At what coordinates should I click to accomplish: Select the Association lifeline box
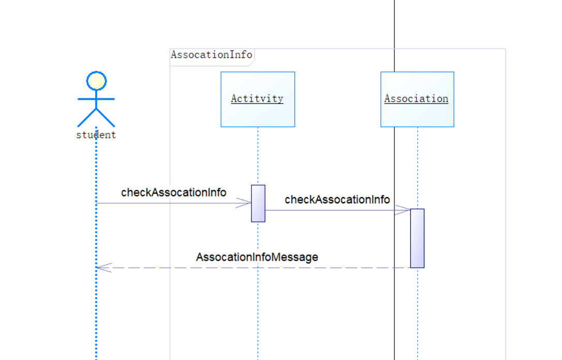click(x=417, y=115)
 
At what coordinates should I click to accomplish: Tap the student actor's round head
click(x=96, y=81)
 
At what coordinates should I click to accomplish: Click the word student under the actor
click(x=96, y=135)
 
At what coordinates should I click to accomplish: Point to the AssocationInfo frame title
click(x=212, y=55)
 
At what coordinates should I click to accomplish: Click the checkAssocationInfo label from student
click(x=173, y=192)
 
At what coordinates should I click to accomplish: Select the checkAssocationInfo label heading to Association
click(x=337, y=200)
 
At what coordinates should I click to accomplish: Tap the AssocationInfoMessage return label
click(x=257, y=257)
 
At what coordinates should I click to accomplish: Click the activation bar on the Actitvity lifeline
click(x=258, y=203)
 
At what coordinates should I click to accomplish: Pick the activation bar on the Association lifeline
click(x=417, y=238)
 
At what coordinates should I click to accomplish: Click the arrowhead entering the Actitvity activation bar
click(x=244, y=203)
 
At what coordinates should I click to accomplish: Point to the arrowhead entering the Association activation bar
click(x=403, y=210)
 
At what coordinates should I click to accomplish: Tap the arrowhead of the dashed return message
click(x=103, y=267)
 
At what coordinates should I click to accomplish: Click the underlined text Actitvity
click(x=257, y=99)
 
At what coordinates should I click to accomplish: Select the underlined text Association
click(x=416, y=99)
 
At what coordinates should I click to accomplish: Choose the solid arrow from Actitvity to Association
click(x=331, y=210)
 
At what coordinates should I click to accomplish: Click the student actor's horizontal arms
click(x=96, y=98)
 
